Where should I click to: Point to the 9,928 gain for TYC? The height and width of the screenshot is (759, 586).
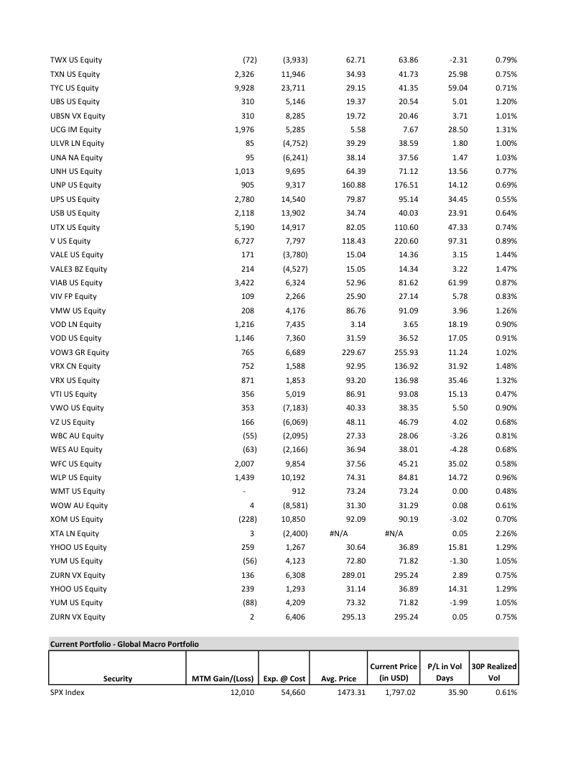[x=244, y=88]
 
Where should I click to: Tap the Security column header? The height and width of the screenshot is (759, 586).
[x=118, y=678]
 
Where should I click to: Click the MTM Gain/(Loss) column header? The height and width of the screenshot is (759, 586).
[x=222, y=678]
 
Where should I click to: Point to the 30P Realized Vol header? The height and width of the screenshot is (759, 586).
[x=493, y=672]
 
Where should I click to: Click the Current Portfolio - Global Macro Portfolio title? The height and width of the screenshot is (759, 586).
[x=124, y=643]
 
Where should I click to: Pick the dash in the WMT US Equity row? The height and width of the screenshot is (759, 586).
[x=245, y=492]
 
